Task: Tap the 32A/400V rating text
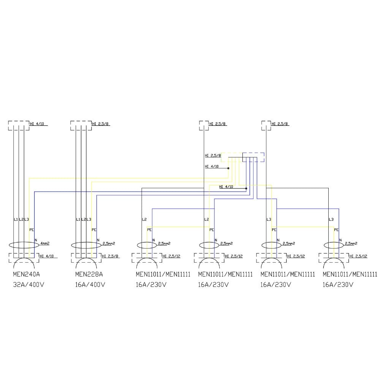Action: [28, 285]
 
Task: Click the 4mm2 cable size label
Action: [45, 243]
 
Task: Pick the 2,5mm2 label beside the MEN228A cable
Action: [108, 243]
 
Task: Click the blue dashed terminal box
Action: [253, 157]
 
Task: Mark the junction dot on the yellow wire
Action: [228, 168]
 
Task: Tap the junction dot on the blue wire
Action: [246, 188]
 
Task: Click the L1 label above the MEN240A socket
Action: [16, 220]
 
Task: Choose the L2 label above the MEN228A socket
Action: [84, 220]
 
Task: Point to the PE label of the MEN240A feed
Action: [32, 230]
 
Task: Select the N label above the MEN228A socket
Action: [98, 240]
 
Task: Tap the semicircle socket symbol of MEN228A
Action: [86, 263]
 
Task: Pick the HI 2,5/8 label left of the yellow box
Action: [213, 155]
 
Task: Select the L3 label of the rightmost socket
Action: [331, 220]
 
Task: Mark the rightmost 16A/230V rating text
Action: [338, 285]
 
